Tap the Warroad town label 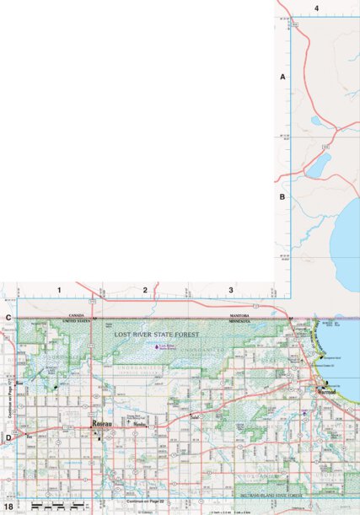(326, 393)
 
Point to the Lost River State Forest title (163, 335)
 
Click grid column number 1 (60, 291)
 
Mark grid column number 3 (231, 291)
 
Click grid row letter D (8, 437)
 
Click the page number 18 (8, 507)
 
